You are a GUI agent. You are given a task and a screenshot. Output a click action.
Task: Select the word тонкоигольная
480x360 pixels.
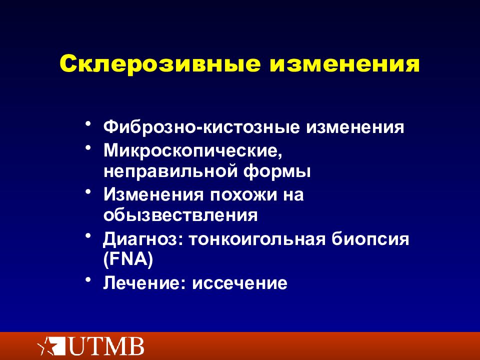coord(255,238)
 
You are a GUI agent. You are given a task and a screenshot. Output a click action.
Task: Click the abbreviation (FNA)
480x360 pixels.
coord(128,260)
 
